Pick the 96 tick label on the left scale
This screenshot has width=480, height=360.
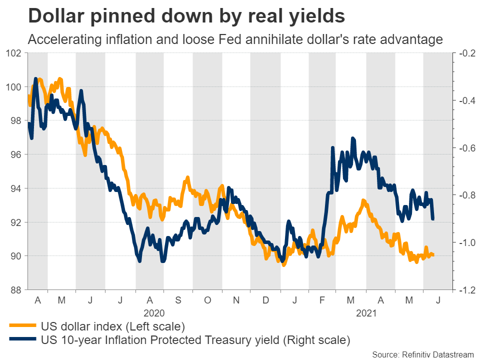(x=14, y=154)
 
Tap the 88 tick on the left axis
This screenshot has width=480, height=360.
(x=14, y=290)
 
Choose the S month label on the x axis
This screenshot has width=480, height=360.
(x=178, y=300)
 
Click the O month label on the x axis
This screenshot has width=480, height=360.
(x=207, y=300)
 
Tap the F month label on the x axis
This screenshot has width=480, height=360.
(x=322, y=300)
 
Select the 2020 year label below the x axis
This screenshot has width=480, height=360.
(x=154, y=313)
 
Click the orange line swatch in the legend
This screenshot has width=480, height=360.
(x=22, y=326)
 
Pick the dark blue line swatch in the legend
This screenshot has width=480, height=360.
(x=22, y=340)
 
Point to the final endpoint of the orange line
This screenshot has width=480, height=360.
(x=433, y=255)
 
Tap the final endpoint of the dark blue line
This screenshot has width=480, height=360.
(x=433, y=219)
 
